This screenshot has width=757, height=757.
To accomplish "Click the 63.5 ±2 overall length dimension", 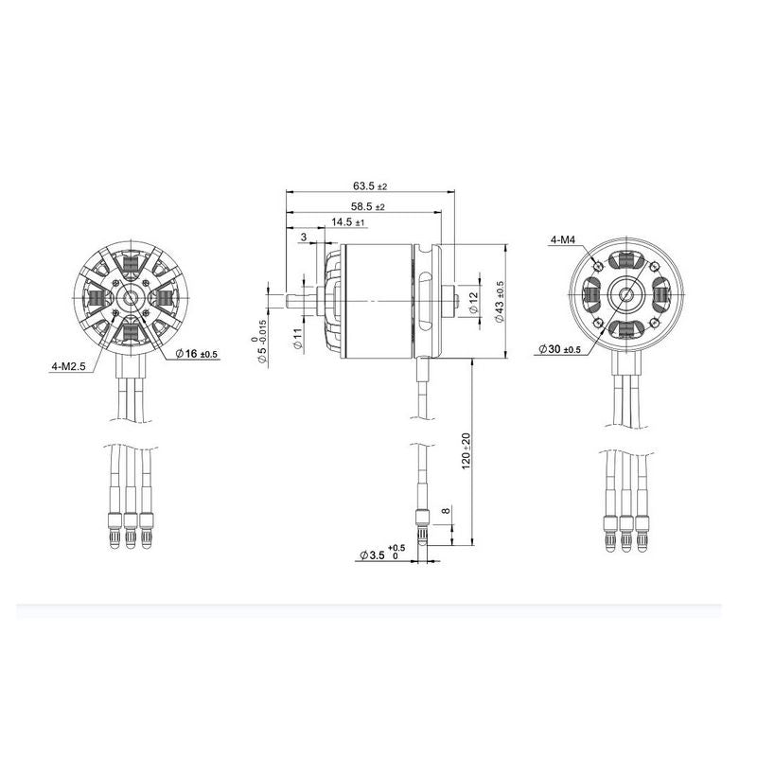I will [x=370, y=187].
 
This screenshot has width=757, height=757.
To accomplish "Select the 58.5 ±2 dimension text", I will [x=367, y=206].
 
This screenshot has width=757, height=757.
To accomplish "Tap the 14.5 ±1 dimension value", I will [x=348, y=222].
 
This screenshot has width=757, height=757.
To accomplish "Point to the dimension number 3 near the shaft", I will [x=303, y=237].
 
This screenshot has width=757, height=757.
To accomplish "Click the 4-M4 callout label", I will [x=564, y=240].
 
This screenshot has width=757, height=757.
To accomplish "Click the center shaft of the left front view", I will [x=132, y=299].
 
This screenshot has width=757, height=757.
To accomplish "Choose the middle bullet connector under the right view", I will [x=625, y=529].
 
